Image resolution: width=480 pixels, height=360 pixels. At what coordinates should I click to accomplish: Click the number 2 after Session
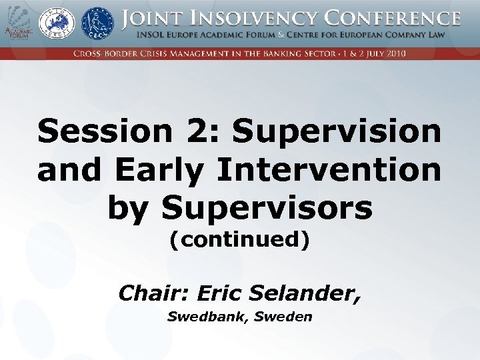pos(201,131)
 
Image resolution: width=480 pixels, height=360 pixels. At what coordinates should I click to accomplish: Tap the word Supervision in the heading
pos(337,131)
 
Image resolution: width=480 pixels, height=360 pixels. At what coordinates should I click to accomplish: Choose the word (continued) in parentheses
pos(239,239)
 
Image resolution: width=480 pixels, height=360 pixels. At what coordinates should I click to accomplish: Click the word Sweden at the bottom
pos(285,317)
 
